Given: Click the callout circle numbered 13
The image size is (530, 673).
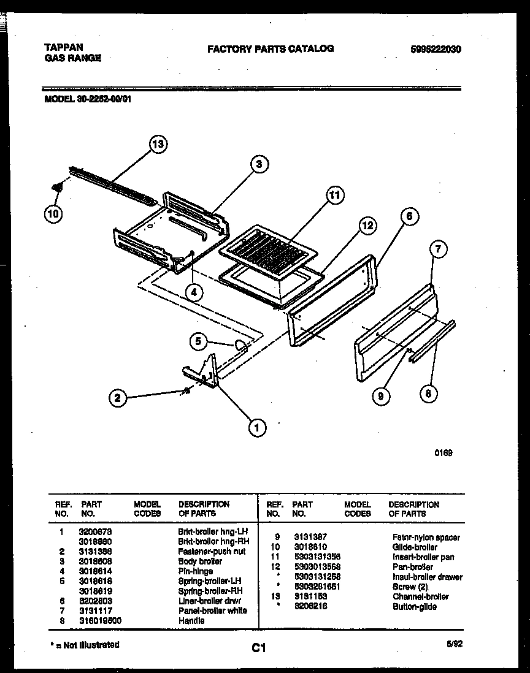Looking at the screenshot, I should pos(158,145).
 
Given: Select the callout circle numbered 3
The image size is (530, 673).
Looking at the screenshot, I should pos(259,164).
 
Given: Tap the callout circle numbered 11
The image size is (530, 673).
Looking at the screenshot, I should pos(334,196).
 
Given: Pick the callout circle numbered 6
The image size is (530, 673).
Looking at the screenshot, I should pos(409,216).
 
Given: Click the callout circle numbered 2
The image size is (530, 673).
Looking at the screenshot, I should pos(117,398).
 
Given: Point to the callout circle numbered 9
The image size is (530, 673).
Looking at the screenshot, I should pos(381,397).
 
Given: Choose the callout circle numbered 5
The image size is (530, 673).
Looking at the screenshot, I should pos(198,342).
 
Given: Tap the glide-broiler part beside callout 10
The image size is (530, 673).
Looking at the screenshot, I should pos(58,188).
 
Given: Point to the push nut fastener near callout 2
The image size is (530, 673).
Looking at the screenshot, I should pos(186,391).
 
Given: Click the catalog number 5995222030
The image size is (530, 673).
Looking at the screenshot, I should pos(436,49).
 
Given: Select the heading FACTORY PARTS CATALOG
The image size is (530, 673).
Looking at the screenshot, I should pos(271,48).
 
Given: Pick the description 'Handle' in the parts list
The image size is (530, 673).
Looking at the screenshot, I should pos(191,621).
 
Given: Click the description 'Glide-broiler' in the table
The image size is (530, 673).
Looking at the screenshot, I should pos(415,547).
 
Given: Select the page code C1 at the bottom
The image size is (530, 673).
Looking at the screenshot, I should pos(258,647).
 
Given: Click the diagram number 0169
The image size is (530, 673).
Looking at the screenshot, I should pos(444,453).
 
